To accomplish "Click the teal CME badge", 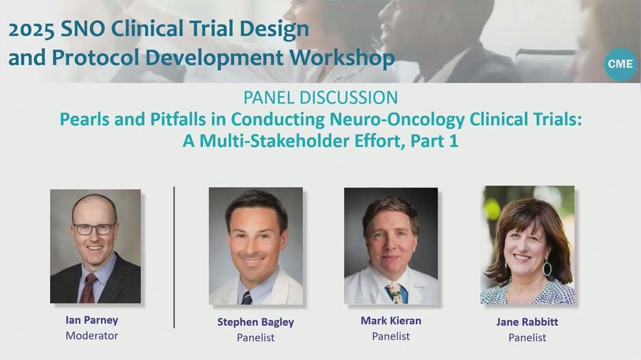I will point(620,64).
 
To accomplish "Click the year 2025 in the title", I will point(30,30).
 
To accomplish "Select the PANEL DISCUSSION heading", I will point(320,97).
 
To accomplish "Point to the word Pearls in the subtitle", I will point(83,120).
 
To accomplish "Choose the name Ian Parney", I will point(92,320).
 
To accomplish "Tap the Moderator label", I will point(92,335).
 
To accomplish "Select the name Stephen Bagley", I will point(255,322).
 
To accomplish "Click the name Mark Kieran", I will point(390,320).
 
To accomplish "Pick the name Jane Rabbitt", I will point(527,322).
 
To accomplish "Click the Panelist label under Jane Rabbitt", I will point(527,337).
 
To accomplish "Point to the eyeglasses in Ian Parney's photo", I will point(94,229).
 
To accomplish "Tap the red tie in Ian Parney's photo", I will point(88,288).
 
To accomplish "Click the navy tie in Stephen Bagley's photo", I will point(246,297).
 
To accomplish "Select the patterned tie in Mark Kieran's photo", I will point(394,292).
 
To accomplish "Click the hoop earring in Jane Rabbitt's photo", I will point(547,267).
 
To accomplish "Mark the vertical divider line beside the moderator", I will point(174,256).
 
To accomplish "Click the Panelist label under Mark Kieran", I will point(390,336).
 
